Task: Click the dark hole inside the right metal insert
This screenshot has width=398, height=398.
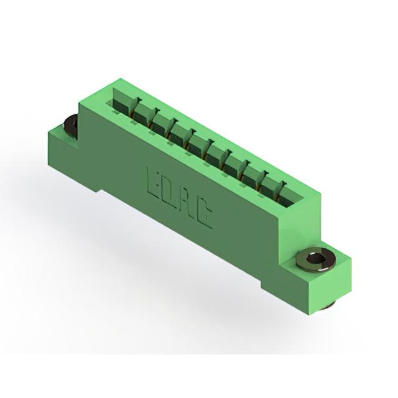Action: tap(315, 259)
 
